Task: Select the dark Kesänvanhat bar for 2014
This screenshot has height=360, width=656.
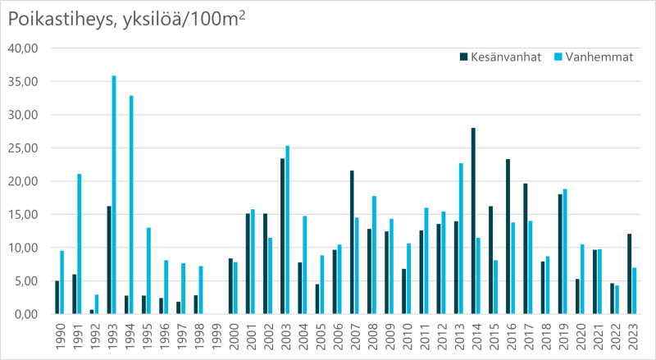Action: [473, 221]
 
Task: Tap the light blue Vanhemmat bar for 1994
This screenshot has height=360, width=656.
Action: [131, 204]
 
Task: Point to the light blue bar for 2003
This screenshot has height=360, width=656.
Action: [288, 230]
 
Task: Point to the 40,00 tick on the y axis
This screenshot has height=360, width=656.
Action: [23, 48]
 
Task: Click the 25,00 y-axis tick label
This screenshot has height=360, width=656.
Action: [23, 148]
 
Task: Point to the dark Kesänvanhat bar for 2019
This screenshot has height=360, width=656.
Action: [560, 254]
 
